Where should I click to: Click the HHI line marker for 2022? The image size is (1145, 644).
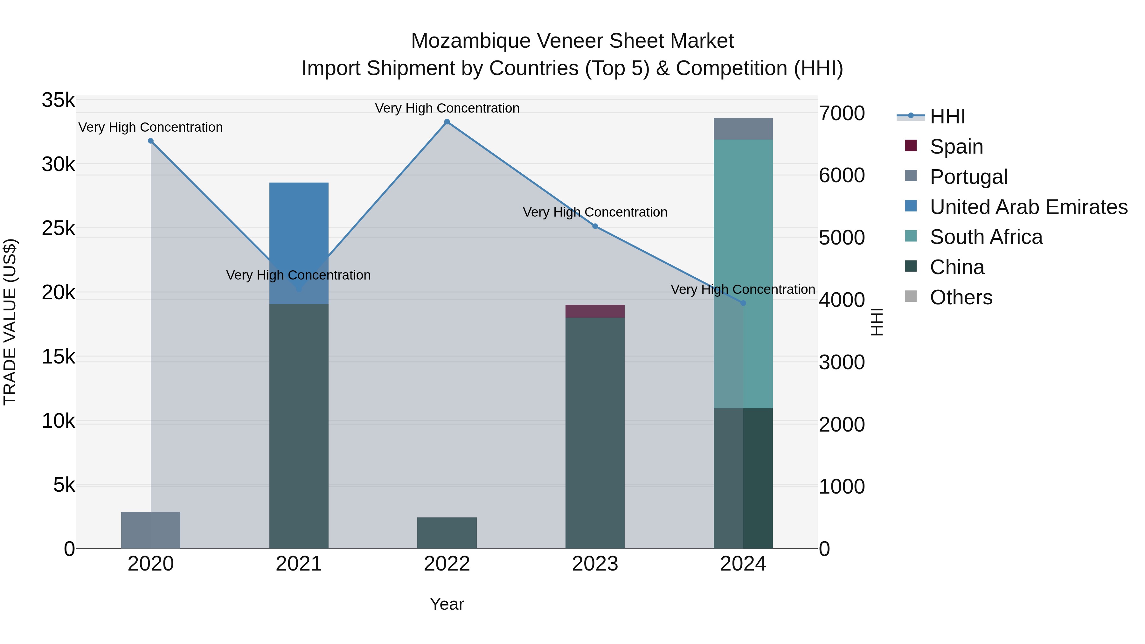447,122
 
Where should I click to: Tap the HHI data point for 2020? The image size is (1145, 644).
151,141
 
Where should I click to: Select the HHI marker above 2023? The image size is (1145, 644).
595,226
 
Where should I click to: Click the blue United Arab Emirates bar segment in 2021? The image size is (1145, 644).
299,222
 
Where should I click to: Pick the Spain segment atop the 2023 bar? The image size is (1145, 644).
595,311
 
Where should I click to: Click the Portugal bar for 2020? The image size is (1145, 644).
151,530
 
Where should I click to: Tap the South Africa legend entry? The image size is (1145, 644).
986,237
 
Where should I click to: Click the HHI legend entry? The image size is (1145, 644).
947,116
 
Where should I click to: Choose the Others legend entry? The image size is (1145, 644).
961,297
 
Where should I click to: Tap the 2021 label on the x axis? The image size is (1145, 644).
299,564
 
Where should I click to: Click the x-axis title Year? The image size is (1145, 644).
447,604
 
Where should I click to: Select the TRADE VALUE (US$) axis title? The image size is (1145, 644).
10,322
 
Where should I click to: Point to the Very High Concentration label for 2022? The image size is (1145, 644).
447,108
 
